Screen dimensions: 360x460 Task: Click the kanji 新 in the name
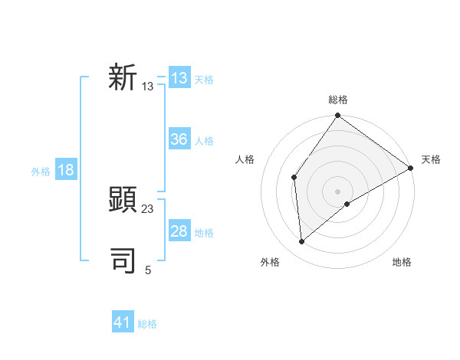(123, 78)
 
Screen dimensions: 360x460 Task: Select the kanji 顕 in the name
(123, 201)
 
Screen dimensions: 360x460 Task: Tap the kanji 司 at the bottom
(123, 261)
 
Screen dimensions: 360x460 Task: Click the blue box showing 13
(179, 78)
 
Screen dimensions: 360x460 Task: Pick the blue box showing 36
(179, 139)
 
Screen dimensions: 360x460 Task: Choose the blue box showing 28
(179, 231)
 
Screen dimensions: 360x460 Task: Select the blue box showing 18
(66, 170)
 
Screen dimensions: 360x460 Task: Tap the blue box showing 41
(123, 322)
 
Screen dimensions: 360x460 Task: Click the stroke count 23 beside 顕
(148, 208)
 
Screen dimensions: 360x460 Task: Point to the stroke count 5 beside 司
(148, 270)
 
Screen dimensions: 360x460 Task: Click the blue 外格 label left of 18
(41, 172)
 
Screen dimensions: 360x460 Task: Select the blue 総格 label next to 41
(147, 324)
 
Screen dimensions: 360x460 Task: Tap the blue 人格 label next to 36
(204, 141)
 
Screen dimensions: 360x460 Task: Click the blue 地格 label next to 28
(204, 233)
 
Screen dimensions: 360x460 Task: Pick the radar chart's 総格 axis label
(337, 100)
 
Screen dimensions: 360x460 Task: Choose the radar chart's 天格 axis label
(431, 159)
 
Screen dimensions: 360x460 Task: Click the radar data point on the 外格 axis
(302, 241)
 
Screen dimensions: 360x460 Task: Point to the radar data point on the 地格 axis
(347, 204)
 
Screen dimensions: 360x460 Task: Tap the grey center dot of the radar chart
(337, 191)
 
